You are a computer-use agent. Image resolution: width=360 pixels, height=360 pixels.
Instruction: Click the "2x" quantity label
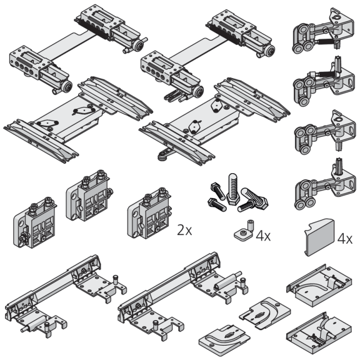click(184, 230)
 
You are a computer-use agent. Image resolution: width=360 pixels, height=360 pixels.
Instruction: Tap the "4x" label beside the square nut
click(263, 236)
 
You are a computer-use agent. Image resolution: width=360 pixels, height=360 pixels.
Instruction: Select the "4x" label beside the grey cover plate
click(344, 239)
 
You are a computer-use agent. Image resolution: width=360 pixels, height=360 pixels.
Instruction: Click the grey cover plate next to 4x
click(319, 237)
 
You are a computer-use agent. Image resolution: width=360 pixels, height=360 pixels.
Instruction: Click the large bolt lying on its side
click(252, 199)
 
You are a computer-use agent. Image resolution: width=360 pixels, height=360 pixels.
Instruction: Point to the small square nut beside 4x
click(242, 234)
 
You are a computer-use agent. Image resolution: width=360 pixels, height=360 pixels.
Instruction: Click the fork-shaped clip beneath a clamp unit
click(173, 96)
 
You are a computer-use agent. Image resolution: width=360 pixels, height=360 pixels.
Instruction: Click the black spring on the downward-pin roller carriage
click(324, 42)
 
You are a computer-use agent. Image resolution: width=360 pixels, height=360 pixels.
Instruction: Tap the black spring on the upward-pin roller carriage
click(326, 74)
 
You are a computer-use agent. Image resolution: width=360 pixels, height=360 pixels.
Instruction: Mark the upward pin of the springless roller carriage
click(339, 166)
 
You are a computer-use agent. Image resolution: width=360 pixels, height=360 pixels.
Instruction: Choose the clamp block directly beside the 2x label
click(149, 213)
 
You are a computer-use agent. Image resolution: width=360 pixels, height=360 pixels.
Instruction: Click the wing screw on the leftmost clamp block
click(23, 238)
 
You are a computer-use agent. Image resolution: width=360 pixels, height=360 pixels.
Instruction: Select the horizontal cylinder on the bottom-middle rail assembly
click(227, 280)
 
